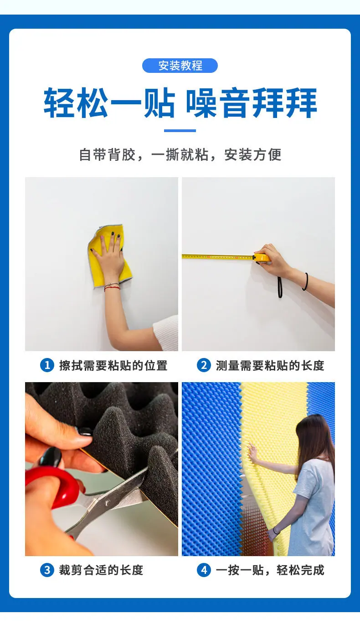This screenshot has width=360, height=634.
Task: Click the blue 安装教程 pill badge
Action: coord(180,66)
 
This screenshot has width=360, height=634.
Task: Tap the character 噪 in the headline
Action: coord(201,103)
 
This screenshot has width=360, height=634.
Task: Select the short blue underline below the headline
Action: coord(180,130)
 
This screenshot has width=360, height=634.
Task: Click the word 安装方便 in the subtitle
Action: coord(252,155)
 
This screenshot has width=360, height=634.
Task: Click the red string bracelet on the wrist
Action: coord(112,288)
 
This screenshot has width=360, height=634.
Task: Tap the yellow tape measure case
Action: coord(262,257)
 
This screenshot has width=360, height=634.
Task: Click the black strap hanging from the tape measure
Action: coord(280,287)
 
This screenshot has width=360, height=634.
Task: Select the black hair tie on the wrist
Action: coord(305,281)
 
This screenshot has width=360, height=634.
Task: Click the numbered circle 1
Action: coord(47,365)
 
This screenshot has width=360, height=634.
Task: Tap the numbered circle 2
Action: coord(204,365)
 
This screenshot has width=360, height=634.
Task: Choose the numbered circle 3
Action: coord(47,570)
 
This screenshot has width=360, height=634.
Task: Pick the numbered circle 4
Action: coord(204,570)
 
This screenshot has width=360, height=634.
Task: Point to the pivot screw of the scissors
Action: coord(108,503)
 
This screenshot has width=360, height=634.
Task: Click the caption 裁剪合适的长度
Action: coord(101,570)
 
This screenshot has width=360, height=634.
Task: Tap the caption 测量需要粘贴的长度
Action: coord(270,365)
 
